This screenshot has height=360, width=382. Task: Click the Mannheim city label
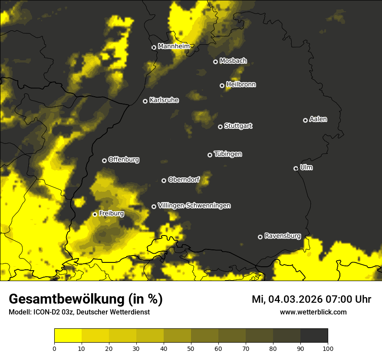[174, 46]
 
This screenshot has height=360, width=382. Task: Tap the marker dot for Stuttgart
[220, 127]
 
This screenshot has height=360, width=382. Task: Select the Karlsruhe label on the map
[164, 100]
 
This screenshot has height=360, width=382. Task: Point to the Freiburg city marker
[95, 214]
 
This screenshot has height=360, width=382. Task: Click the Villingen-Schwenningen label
[194, 206]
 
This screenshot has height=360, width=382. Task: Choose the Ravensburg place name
[282, 236]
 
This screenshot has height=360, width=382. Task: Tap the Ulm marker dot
[296, 168]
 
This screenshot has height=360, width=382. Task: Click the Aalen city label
[318, 119]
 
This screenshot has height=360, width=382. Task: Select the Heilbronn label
[240, 85]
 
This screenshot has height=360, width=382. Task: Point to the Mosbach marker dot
[215, 62]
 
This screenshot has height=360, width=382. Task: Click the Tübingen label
[227, 154]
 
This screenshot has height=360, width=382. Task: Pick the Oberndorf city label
[184, 180]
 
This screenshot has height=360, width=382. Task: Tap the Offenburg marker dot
[104, 160]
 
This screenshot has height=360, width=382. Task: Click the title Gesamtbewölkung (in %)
[86, 299]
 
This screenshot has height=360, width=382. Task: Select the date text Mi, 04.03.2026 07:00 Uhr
[311, 299]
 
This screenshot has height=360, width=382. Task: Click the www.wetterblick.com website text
[313, 312]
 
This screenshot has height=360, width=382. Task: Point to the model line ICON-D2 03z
[79, 312]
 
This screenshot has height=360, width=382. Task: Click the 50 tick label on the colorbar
[191, 348]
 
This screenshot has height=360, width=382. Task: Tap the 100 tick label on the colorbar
[327, 348]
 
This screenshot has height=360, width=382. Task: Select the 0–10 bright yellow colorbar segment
[68, 336]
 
